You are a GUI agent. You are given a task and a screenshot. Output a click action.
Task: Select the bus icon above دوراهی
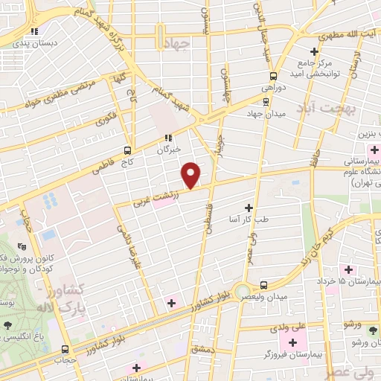tap(273, 76)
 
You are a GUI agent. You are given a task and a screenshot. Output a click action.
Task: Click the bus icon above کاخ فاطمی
tap(130, 149)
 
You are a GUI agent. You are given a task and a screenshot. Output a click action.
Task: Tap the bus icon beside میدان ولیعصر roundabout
tap(264, 284)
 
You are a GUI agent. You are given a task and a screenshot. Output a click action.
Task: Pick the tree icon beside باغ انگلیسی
tap(7, 324)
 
